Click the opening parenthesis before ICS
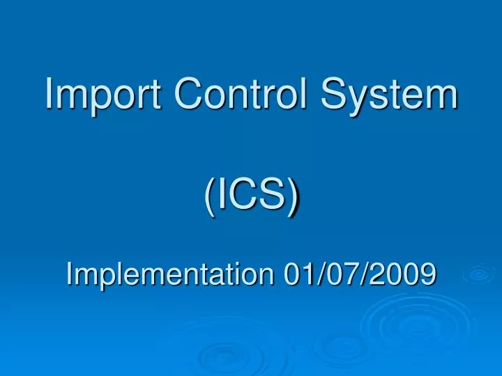(211, 195)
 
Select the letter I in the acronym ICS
(222, 194)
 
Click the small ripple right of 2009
(478, 274)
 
